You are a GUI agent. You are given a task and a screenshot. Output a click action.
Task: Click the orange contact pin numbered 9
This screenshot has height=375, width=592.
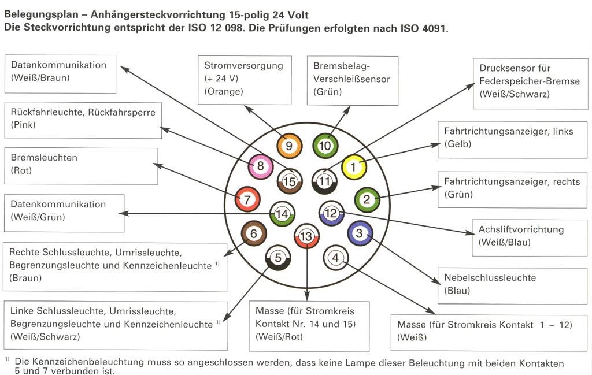289,146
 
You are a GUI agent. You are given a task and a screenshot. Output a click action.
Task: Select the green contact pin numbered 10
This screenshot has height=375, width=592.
325,146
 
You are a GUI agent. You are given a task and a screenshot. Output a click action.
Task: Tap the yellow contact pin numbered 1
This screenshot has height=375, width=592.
354,167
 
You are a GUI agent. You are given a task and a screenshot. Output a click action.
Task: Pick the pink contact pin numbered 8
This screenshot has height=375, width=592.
261,166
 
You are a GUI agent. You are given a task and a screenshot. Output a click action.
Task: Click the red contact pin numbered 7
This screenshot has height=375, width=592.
247,199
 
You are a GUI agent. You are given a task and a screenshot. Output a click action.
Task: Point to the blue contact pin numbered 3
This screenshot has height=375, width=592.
360,233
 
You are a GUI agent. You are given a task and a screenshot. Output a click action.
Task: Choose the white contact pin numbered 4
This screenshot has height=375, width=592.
336,258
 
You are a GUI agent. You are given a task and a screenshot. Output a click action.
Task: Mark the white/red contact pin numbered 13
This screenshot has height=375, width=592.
306,236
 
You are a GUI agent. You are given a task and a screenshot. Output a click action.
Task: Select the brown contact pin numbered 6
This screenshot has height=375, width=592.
254,233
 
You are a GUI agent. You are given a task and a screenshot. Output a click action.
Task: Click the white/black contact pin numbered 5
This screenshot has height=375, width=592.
278,258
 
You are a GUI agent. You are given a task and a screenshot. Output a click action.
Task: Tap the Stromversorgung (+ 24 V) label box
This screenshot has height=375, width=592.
245,80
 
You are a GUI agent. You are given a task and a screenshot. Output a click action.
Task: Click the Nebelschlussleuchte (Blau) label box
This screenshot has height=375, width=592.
512,285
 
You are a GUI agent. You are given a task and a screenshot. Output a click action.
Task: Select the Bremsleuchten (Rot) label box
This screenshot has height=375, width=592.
81,166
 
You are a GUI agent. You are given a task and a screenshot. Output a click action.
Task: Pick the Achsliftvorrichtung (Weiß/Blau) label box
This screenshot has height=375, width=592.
530,237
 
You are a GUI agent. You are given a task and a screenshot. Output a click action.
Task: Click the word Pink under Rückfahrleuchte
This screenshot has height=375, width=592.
23,125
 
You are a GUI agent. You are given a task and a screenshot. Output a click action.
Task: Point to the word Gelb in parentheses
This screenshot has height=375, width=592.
458,144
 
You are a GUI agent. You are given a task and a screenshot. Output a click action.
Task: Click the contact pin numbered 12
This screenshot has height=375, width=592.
331,213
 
